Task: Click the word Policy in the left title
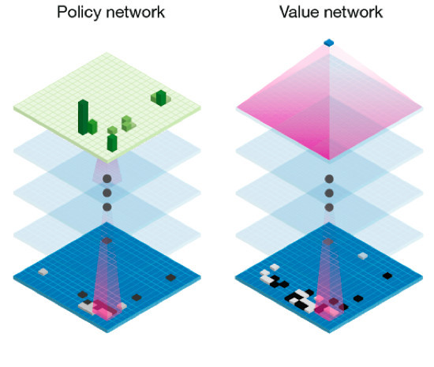(79, 13)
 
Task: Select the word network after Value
(354, 13)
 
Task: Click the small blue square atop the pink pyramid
(329, 43)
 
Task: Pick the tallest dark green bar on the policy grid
(84, 118)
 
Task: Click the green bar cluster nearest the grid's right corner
(161, 98)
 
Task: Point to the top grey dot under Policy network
(107, 179)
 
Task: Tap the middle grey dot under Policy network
(107, 193)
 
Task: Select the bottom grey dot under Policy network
(107, 207)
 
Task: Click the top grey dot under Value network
(329, 179)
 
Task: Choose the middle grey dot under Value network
(329, 193)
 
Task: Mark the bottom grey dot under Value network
(329, 208)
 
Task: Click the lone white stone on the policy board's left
(43, 272)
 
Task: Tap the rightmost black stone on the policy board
(170, 277)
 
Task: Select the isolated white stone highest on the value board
(363, 256)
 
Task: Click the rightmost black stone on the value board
(387, 275)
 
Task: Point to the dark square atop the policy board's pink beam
(107, 241)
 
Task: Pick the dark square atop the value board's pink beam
(328, 242)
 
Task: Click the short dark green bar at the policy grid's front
(112, 143)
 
